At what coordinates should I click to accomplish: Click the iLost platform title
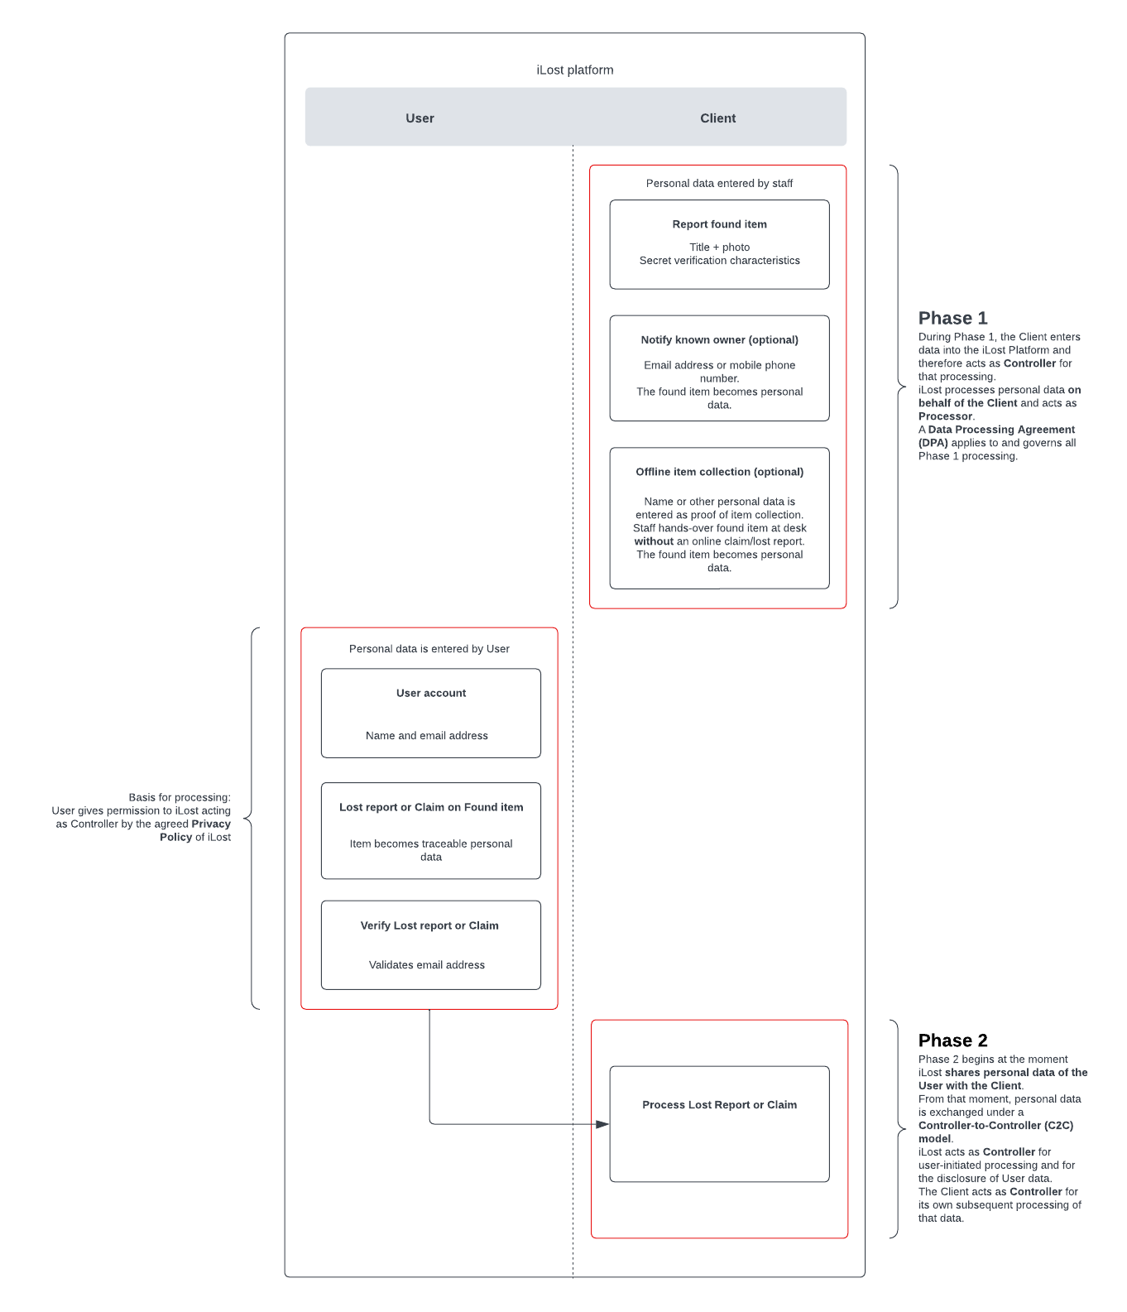pyautogui.click(x=575, y=70)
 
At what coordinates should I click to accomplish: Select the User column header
pyautogui.click(x=420, y=118)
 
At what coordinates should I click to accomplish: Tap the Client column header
pyautogui.click(x=717, y=118)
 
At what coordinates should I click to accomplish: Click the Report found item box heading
pyautogui.click(x=719, y=224)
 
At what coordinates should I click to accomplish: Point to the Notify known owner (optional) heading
pyautogui.click(x=719, y=340)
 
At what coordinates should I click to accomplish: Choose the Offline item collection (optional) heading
pyautogui.click(x=719, y=472)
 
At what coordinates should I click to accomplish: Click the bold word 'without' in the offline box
pyautogui.click(x=654, y=541)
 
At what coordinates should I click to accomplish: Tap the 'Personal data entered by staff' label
pyautogui.click(x=719, y=184)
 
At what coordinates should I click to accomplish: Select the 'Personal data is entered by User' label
pyautogui.click(x=429, y=649)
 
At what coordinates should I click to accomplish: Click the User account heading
pyautogui.click(x=430, y=693)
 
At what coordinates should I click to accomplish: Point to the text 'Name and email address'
pyautogui.click(x=426, y=736)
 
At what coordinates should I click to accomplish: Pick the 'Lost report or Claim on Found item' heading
pyautogui.click(x=430, y=807)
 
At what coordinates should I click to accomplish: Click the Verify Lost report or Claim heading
pyautogui.click(x=429, y=925)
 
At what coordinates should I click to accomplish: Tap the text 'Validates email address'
pyautogui.click(x=426, y=965)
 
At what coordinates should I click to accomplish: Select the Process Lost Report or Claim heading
pyautogui.click(x=719, y=1105)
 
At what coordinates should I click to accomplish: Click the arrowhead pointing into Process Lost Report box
pyautogui.click(x=602, y=1124)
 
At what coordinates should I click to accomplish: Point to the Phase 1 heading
pyautogui.click(x=952, y=319)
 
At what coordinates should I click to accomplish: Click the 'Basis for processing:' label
pyautogui.click(x=179, y=798)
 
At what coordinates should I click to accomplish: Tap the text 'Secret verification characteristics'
pyautogui.click(x=719, y=261)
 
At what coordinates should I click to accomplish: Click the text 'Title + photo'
pyautogui.click(x=719, y=248)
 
